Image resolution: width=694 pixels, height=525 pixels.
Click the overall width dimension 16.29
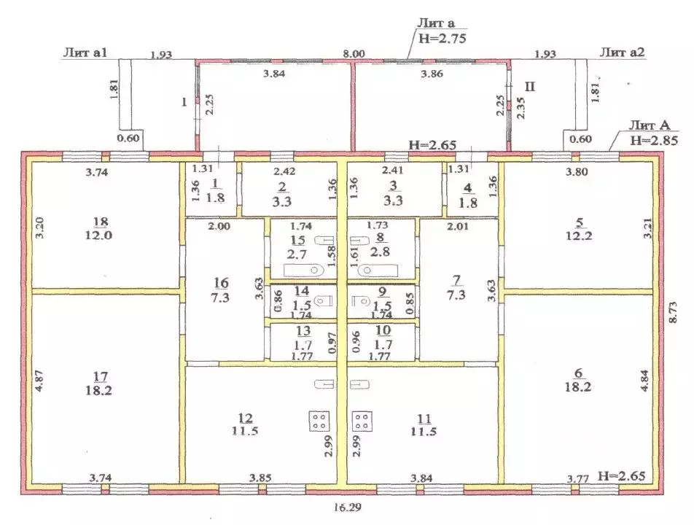(348, 507)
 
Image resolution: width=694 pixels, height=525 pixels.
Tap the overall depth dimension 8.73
(673, 313)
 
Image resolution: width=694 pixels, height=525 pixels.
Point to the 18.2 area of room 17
(98, 390)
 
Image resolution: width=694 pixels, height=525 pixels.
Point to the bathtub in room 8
(378, 270)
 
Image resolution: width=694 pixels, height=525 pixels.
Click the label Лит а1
(86, 52)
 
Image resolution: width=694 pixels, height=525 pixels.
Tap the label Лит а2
(622, 52)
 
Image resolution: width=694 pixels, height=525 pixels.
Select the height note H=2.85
(654, 140)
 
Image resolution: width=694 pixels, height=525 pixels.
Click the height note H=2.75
(442, 39)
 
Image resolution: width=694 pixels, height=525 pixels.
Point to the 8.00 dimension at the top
(354, 54)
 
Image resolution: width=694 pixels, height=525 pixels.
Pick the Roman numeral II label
(530, 86)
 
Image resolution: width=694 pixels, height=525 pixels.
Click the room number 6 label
(578, 373)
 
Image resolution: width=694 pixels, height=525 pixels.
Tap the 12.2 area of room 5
(579, 236)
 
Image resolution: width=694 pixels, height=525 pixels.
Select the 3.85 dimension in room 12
(260, 478)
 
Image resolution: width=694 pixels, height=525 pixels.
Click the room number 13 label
(303, 330)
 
